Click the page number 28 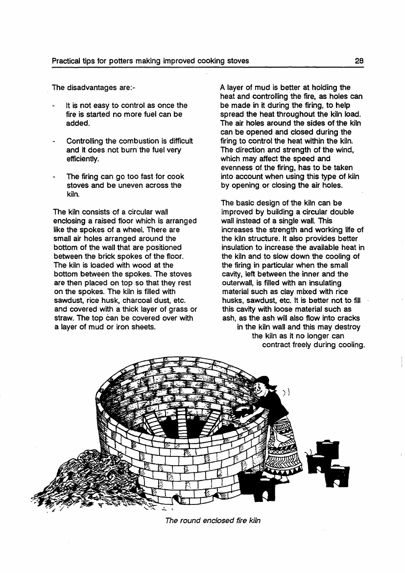[x=359, y=61]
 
